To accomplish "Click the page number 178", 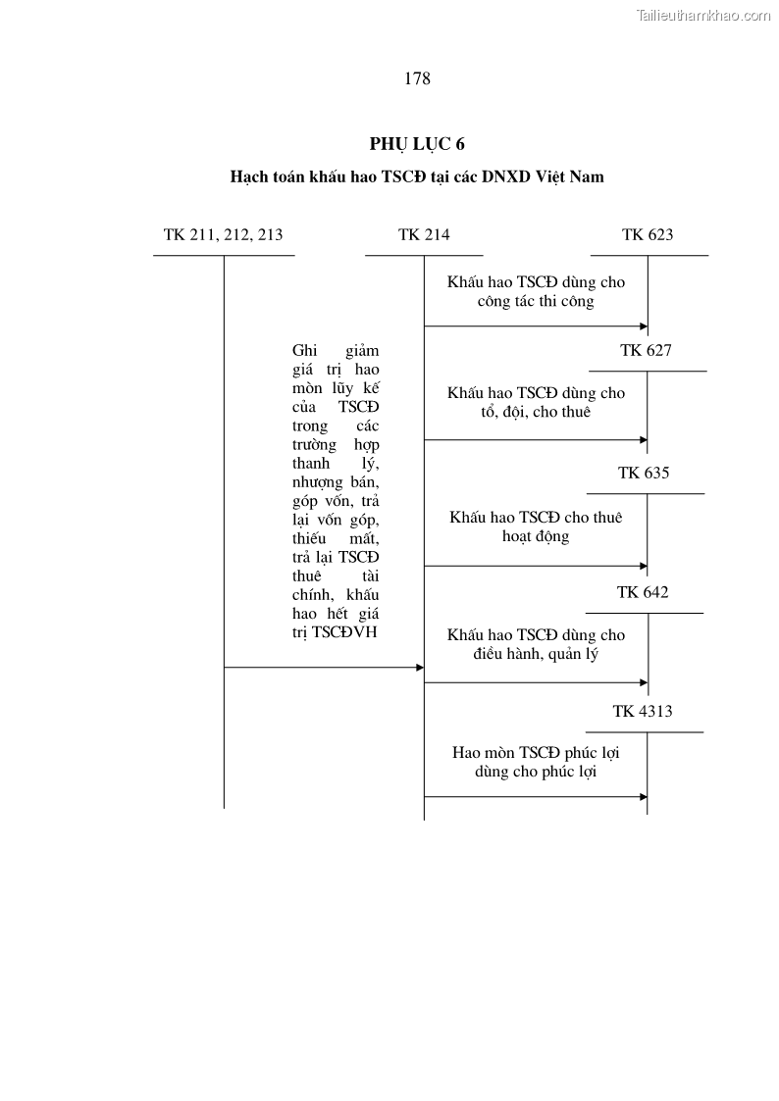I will (417, 79).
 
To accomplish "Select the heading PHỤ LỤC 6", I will (417, 144).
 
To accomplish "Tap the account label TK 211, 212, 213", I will (224, 234).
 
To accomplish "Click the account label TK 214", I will (424, 234).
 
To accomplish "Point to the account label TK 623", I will (648, 234).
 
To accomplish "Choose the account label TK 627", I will (646, 350).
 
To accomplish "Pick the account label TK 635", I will (644, 473).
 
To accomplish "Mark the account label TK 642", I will (643, 592).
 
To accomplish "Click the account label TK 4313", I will (643, 712).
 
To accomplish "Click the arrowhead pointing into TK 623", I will (644, 325).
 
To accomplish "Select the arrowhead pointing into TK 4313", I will (644, 797).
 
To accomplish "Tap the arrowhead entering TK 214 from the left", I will (419, 668).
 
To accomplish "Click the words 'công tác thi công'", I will (536, 302).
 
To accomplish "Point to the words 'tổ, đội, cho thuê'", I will (536, 413).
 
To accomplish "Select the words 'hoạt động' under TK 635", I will (536, 537).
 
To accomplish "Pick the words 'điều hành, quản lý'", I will (536, 654).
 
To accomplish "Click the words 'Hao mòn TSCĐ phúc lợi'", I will (536, 753).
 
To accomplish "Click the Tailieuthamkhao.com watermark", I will (703, 15).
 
